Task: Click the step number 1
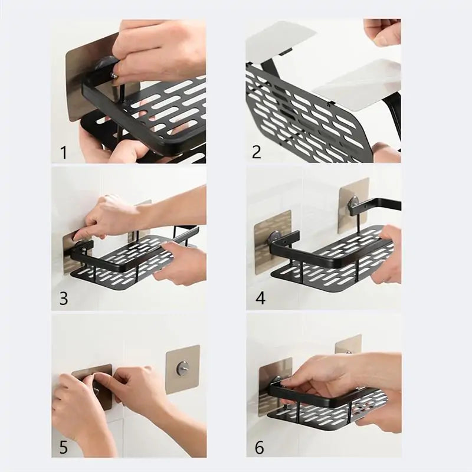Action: (x=63, y=153)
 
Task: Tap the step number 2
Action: (x=256, y=152)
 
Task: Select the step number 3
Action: (x=63, y=299)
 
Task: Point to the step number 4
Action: (x=260, y=299)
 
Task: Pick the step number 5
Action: (x=63, y=446)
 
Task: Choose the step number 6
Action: (x=260, y=447)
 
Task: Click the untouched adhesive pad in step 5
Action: (x=182, y=369)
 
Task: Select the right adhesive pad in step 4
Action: (x=353, y=201)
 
